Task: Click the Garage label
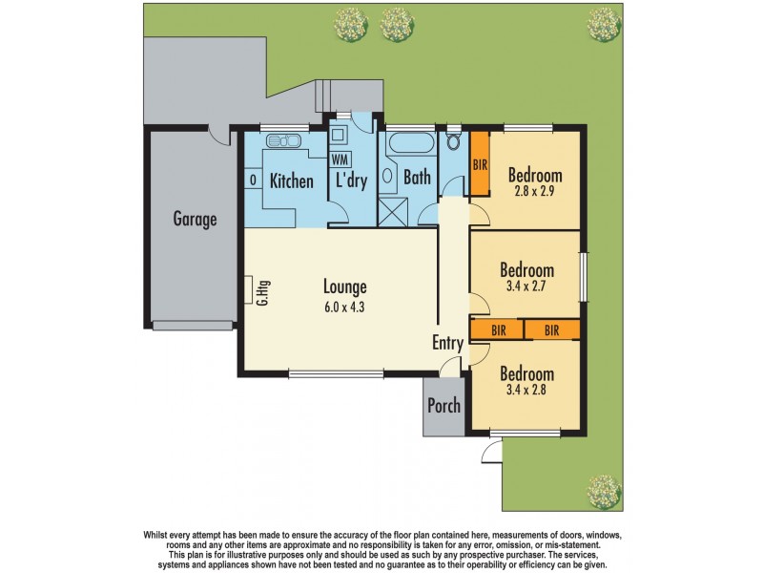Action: coord(195,219)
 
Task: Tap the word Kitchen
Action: coord(291,180)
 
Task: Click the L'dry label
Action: coord(350,180)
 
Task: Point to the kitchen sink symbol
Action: coord(281,142)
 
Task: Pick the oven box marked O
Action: coord(252,180)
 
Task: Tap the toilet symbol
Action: coord(453,143)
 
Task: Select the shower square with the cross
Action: coord(393,211)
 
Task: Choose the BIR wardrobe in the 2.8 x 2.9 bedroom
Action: coord(480,165)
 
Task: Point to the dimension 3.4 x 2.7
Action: coord(527,285)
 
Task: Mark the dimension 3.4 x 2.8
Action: coord(527,390)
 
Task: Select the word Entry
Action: coord(447,343)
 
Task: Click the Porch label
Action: coord(443,406)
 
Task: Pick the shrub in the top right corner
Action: coord(603,24)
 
